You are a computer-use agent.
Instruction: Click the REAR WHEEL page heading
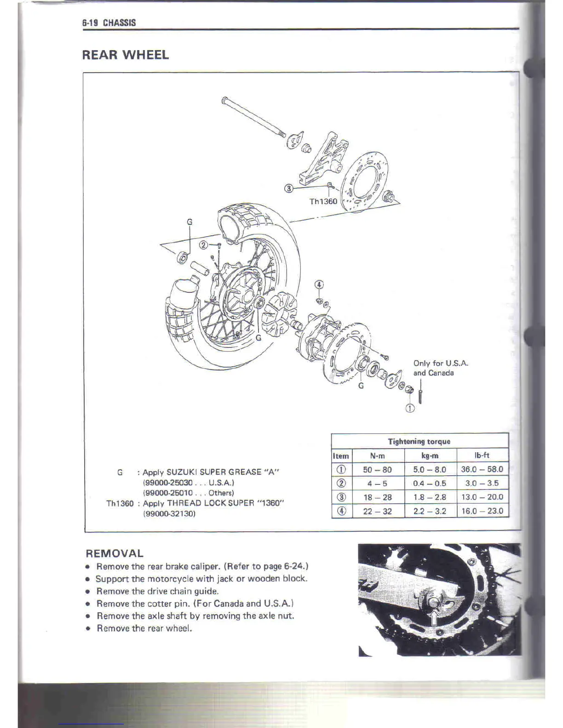tap(125, 55)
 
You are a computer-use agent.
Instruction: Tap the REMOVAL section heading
tap(115, 553)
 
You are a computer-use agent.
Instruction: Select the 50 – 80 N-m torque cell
tap(377, 470)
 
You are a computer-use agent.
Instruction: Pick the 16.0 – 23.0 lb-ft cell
tap(482, 511)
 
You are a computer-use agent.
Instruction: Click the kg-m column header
tap(430, 456)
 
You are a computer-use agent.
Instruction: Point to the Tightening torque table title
tap(419, 442)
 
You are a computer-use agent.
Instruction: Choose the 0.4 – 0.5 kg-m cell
tap(430, 483)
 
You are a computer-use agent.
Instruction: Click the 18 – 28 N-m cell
tap(377, 497)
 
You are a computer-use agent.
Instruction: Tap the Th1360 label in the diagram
tap(323, 201)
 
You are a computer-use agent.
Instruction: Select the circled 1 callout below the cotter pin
tap(410, 408)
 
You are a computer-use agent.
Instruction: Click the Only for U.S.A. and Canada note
tap(440, 368)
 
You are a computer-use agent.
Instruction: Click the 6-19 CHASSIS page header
tap(109, 23)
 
